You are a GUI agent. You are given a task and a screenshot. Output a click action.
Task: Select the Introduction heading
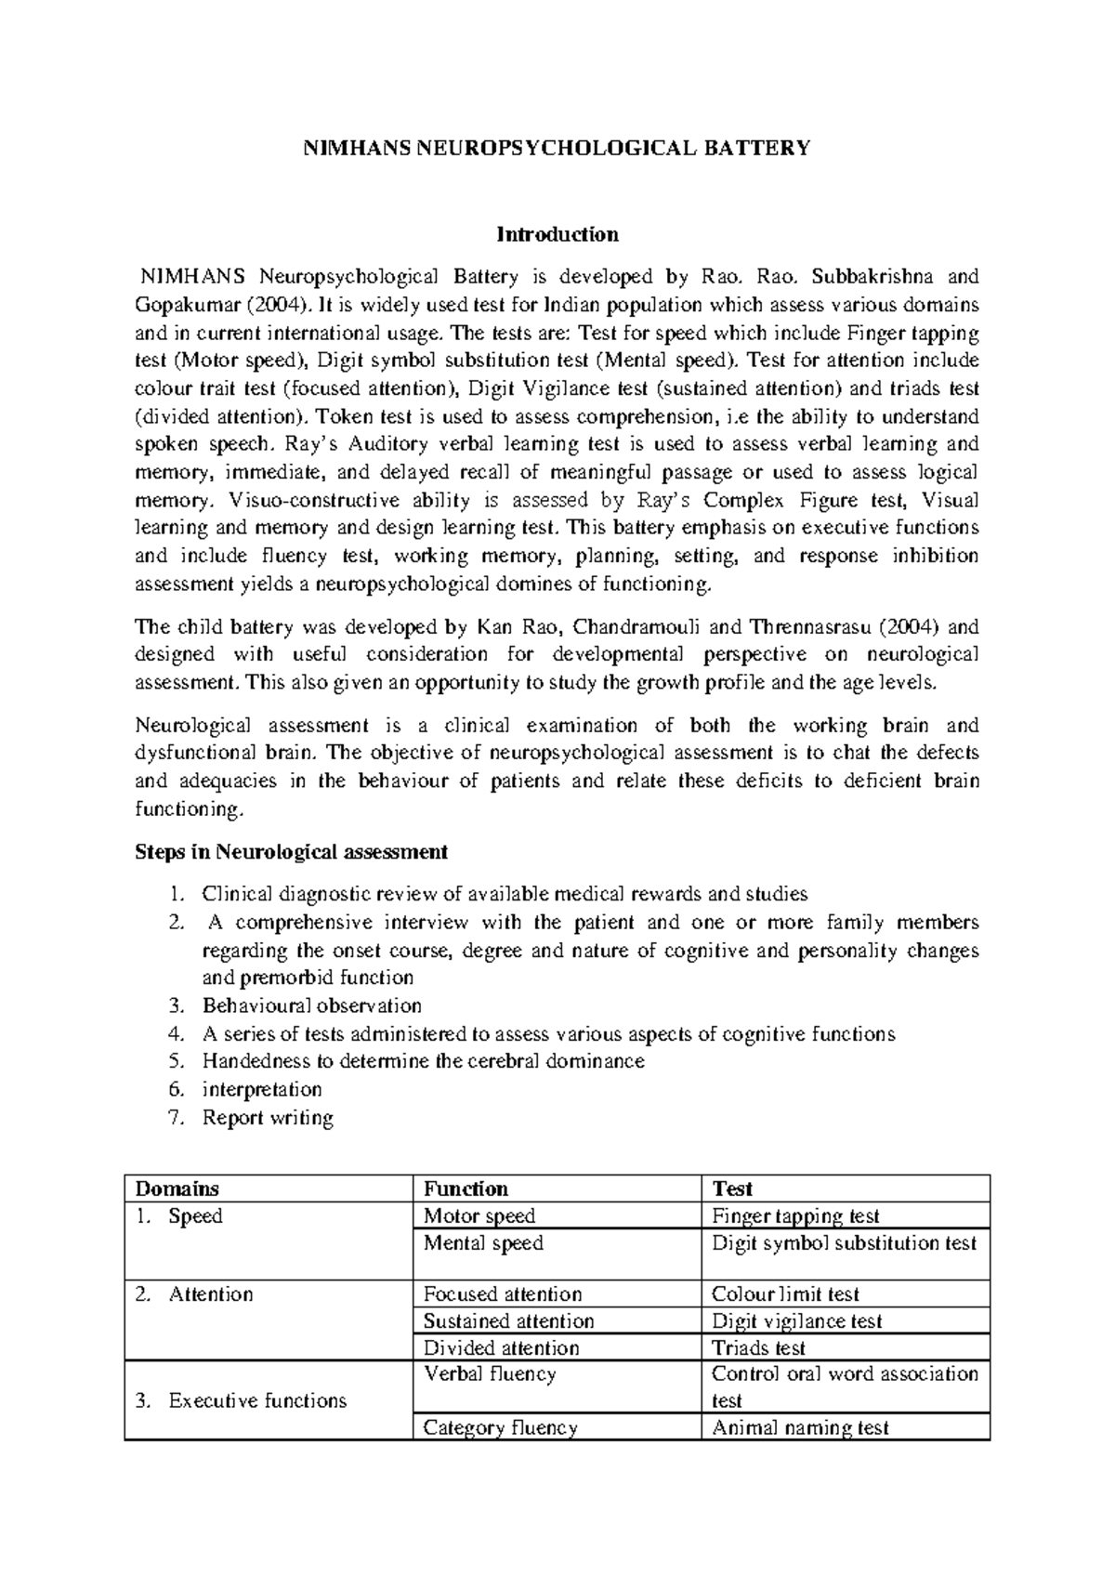557,233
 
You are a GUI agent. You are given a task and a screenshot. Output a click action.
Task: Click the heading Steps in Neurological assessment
292,851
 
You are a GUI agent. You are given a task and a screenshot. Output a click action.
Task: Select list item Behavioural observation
312,1005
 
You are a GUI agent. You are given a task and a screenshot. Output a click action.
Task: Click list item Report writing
268,1118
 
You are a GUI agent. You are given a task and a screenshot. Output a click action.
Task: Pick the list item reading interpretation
262,1089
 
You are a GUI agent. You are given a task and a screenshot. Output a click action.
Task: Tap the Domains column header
177,1189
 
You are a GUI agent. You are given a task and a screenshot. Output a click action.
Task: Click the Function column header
466,1189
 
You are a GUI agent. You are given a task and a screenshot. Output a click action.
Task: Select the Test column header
731,1189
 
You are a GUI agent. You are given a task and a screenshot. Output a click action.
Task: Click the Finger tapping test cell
795,1215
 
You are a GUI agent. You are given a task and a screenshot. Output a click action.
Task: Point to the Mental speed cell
483,1243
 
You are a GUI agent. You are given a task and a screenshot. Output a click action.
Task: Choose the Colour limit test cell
785,1294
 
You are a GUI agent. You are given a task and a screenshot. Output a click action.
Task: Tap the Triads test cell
758,1348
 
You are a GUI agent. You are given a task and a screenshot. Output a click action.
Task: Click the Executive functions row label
257,1400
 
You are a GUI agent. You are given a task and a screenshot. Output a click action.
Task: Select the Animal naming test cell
800,1428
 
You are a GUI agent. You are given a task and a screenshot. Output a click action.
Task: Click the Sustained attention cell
508,1321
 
